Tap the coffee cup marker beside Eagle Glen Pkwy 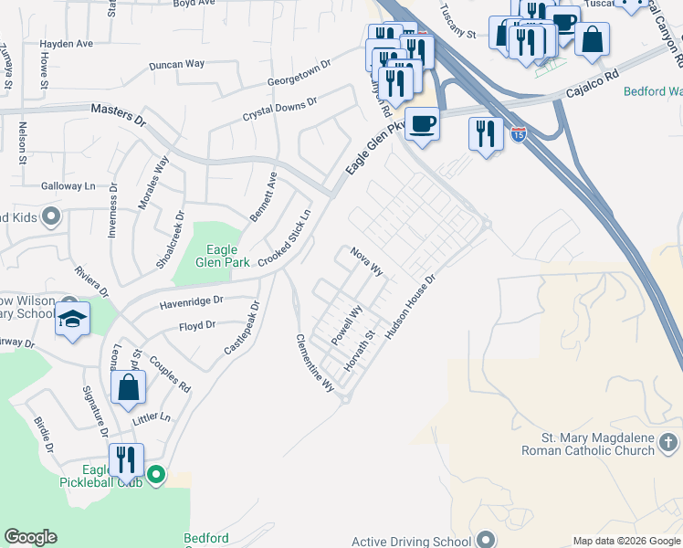[x=421, y=122]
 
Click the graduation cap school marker [x=72, y=320]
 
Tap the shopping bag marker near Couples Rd [x=129, y=386]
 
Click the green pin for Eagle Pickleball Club [x=156, y=474]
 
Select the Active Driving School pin [x=484, y=537]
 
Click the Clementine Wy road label [x=315, y=363]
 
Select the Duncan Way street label [x=177, y=64]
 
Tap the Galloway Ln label [x=68, y=185]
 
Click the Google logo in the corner [x=30, y=537]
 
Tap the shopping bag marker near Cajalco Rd [x=592, y=39]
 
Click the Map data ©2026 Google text [x=625, y=541]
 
